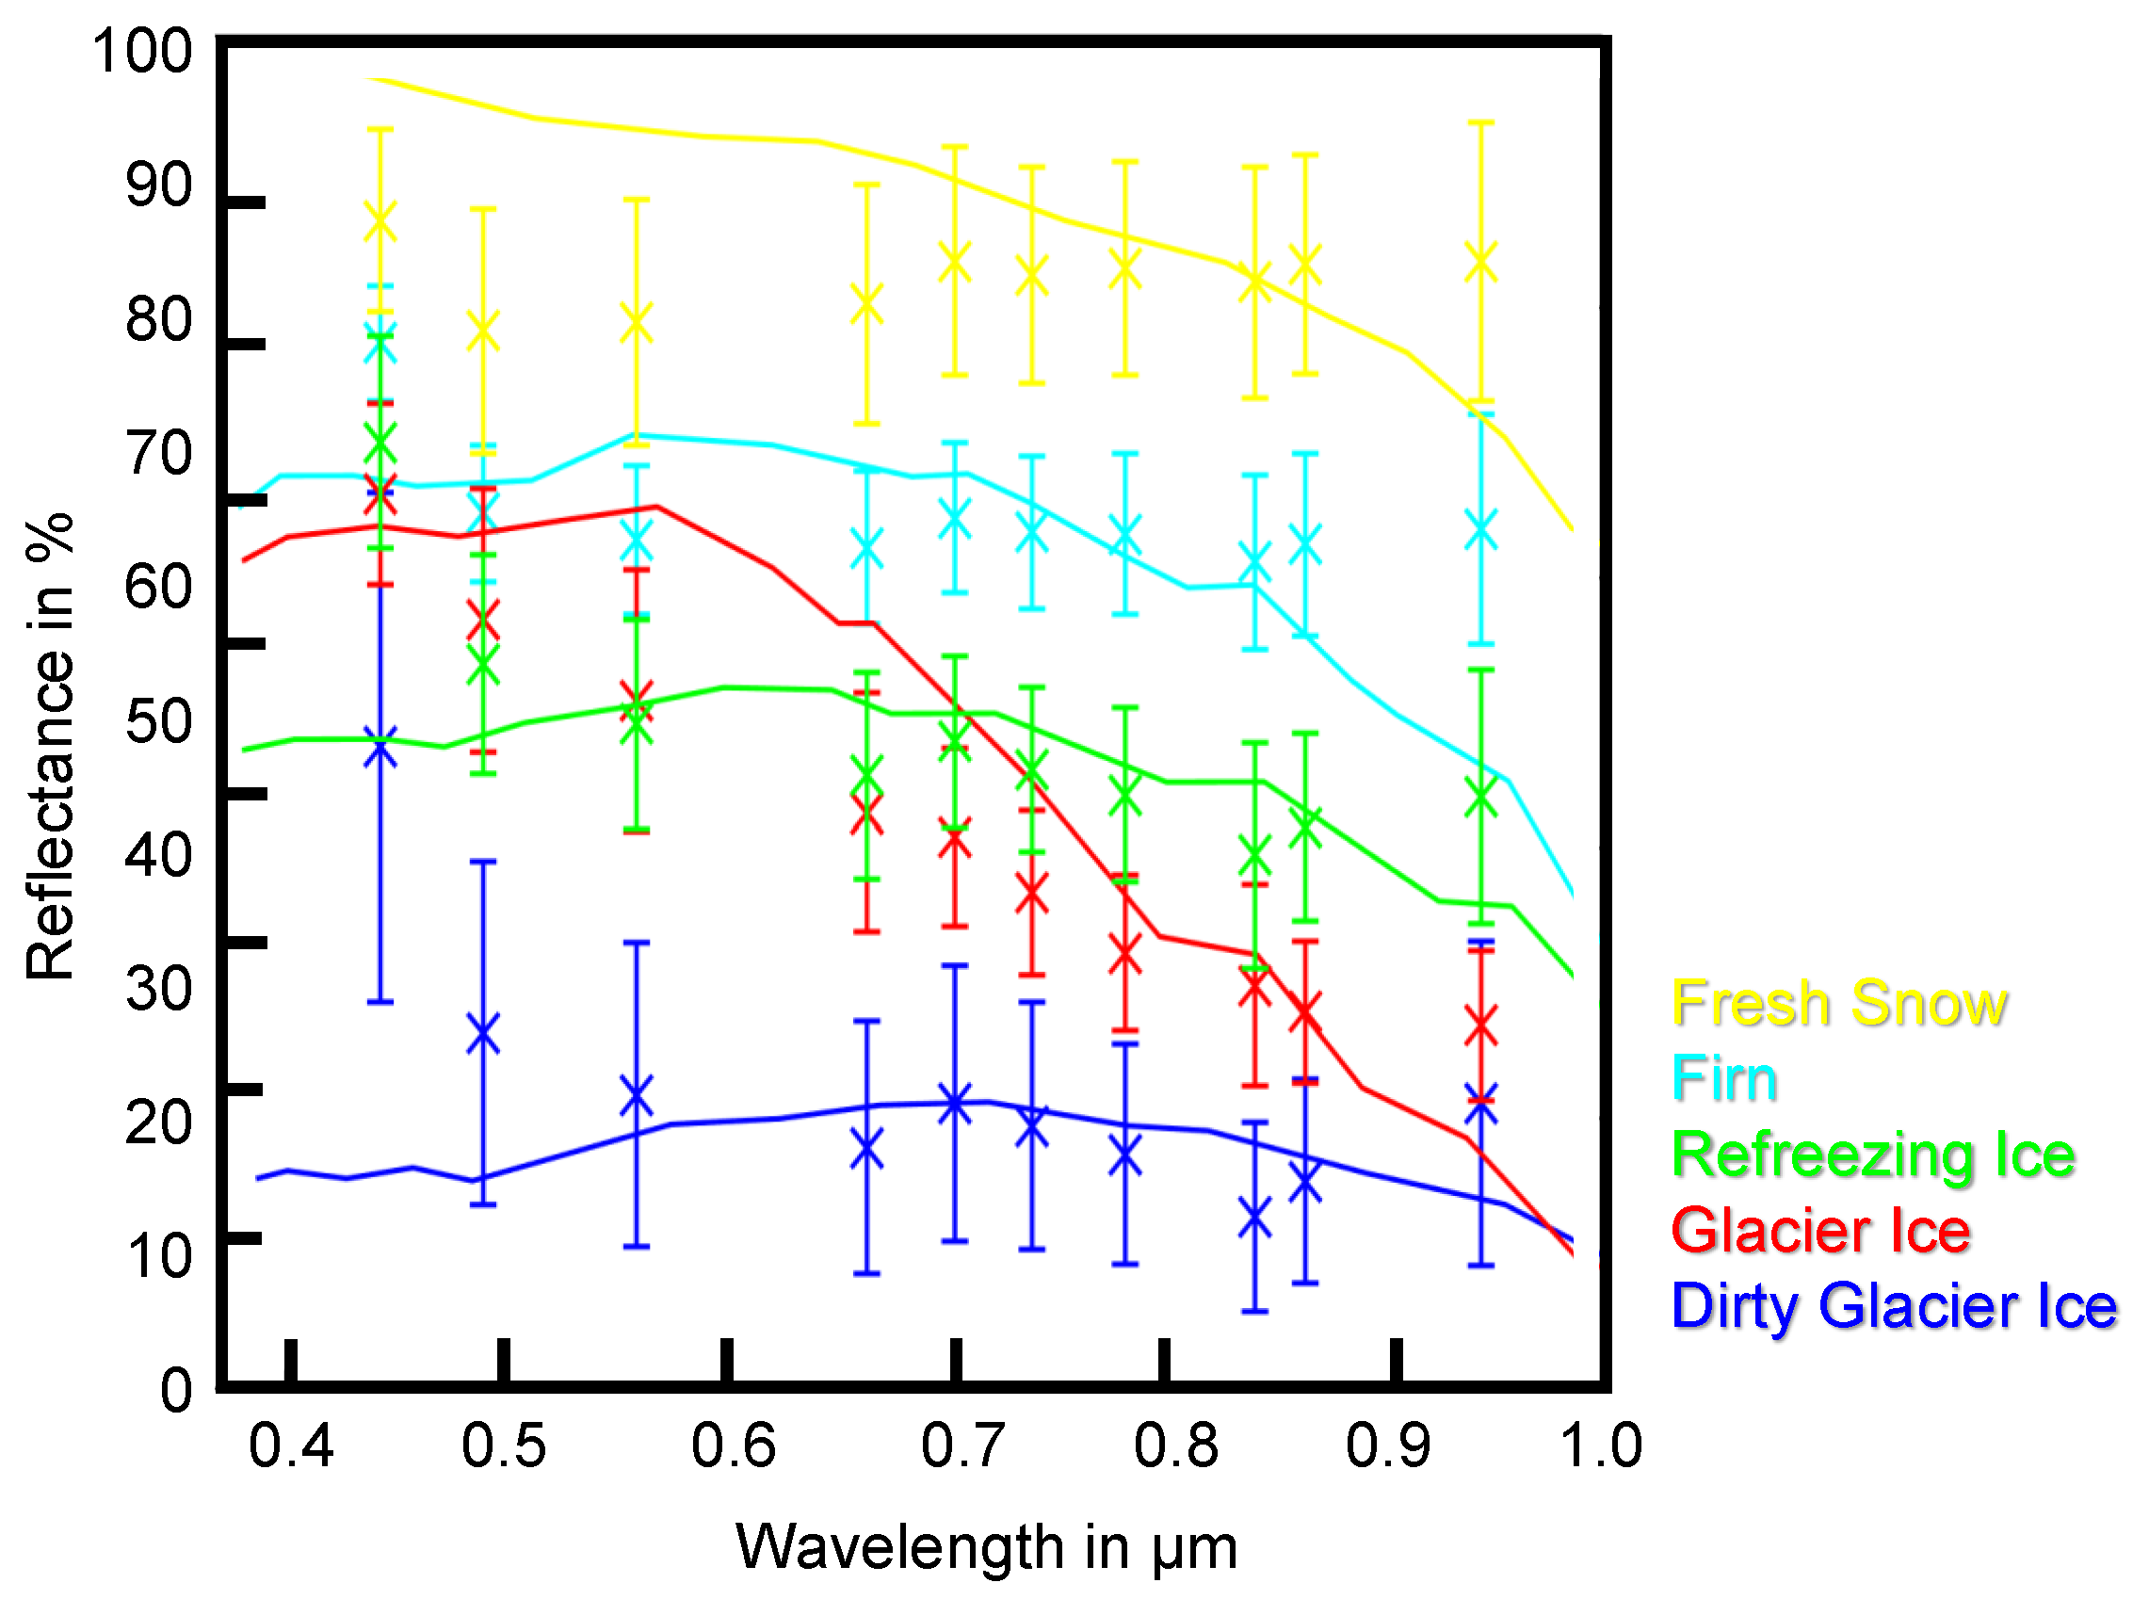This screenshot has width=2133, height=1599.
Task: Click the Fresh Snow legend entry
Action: point(1838,1003)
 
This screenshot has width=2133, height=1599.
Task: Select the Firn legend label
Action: point(1724,1078)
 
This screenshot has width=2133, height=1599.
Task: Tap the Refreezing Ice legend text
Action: point(1873,1155)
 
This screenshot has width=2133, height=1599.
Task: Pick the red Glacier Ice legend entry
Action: point(1820,1231)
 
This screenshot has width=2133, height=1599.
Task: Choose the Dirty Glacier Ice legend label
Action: point(1894,1306)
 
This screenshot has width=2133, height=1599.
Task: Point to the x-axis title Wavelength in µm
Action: point(985,1547)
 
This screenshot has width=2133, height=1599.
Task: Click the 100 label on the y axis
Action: point(143,51)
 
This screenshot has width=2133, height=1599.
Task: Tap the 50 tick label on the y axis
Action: point(159,721)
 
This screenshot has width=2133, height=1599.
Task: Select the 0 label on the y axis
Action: point(176,1390)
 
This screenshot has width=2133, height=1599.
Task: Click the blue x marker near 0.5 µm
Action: point(483,1034)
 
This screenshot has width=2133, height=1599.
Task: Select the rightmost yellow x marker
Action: point(1480,263)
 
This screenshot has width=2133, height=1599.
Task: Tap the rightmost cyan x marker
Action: point(1480,529)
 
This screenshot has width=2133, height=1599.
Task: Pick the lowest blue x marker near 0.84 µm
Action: point(1254,1219)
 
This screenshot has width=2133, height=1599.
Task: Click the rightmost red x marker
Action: point(1480,1026)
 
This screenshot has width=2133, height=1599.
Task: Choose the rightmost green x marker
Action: point(1480,797)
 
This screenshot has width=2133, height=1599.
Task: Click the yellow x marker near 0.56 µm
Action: point(637,322)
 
